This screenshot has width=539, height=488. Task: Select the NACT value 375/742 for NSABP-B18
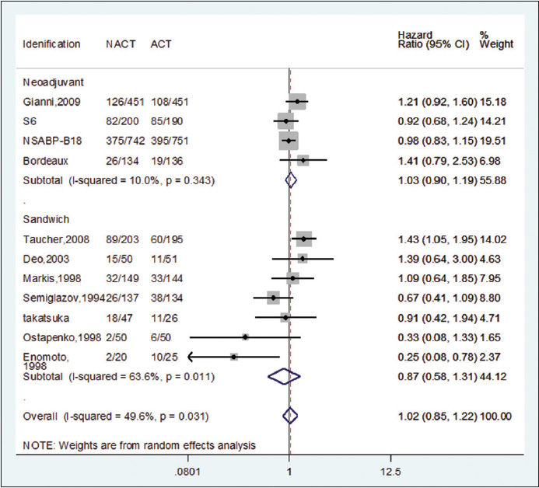coord(124,141)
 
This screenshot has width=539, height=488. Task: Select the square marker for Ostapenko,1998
coord(245,337)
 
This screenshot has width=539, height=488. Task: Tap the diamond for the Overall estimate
coord(290,416)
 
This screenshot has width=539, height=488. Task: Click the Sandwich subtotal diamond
coord(284,377)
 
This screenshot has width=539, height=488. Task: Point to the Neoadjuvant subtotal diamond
coord(291,180)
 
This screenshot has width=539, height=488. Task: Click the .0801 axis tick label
coord(187,472)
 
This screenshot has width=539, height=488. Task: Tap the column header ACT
coord(161,44)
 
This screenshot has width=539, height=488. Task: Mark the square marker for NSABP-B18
coord(289,141)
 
